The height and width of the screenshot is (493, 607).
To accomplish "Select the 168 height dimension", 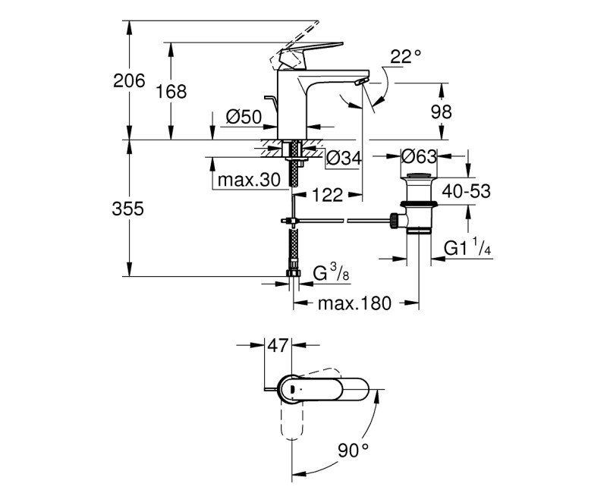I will point(171,92).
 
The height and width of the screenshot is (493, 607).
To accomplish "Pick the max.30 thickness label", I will point(248,180).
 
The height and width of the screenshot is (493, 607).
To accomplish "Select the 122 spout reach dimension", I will point(327,196).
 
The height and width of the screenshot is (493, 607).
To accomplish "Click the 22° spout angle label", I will point(405,57).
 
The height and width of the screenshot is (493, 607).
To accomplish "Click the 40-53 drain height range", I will point(466,191).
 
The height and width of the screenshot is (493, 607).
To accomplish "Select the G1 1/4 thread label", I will point(466,247).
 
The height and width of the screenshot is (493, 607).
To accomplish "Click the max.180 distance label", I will point(354,304).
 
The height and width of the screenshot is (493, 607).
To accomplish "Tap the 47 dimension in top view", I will point(278,346).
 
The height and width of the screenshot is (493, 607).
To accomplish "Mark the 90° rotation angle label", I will point(353,450).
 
